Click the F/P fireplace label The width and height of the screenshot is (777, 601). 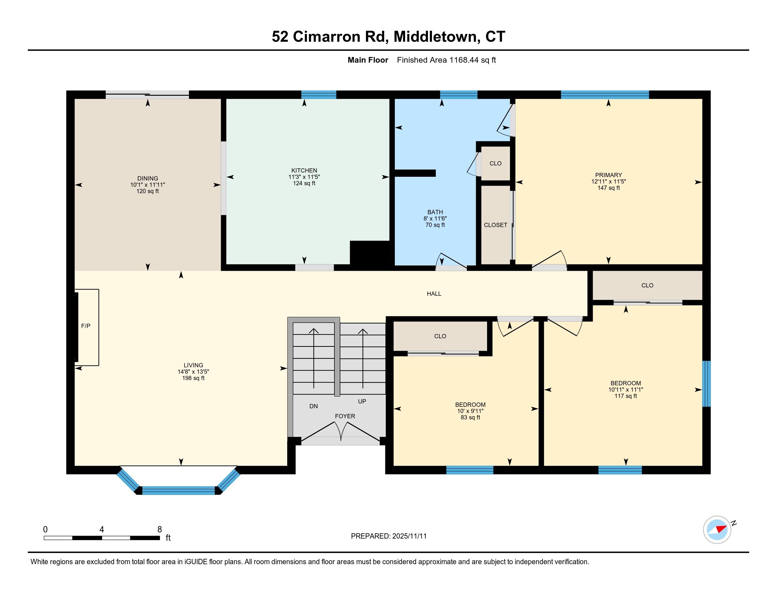[86, 326]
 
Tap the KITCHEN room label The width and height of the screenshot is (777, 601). [304, 170]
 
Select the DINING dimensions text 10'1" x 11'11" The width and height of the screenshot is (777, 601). [148, 185]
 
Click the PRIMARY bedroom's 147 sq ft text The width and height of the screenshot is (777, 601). [609, 188]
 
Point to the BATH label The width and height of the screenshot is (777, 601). [435, 212]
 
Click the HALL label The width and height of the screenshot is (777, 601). [434, 294]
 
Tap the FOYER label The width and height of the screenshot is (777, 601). [345, 416]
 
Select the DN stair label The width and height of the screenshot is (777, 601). [313, 406]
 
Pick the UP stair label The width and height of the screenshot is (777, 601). [362, 401]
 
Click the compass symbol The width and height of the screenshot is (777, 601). [717, 530]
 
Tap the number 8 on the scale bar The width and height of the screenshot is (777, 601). [160, 530]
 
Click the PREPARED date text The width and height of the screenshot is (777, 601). [389, 536]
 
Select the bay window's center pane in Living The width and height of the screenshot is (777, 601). [179, 491]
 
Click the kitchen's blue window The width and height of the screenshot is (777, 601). [319, 95]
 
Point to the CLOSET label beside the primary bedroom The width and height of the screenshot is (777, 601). [495, 225]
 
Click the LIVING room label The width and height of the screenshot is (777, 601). [194, 365]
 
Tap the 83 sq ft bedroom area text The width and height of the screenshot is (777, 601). [470, 417]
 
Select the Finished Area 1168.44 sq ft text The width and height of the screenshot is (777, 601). [446, 60]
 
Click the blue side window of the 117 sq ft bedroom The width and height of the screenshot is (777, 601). [707, 384]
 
